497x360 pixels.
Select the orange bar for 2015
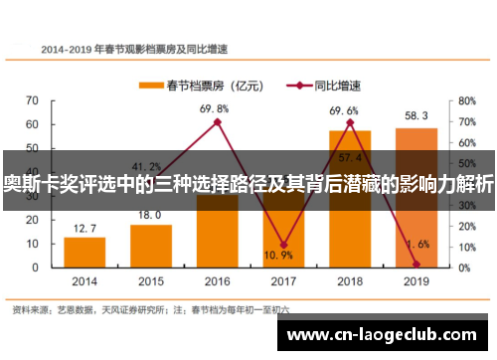point(151,245)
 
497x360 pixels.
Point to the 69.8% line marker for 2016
point(218,122)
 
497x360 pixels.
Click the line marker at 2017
point(283,245)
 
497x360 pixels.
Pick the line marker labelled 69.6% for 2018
point(350,122)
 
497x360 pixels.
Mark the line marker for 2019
point(415,264)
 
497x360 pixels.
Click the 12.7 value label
point(85,229)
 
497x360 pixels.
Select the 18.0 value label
point(150,215)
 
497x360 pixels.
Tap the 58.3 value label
point(415,116)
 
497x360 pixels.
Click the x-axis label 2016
point(218,281)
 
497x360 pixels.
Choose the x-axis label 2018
point(350,281)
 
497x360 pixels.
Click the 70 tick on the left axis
point(33,100)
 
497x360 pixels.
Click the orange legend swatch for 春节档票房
point(149,86)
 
